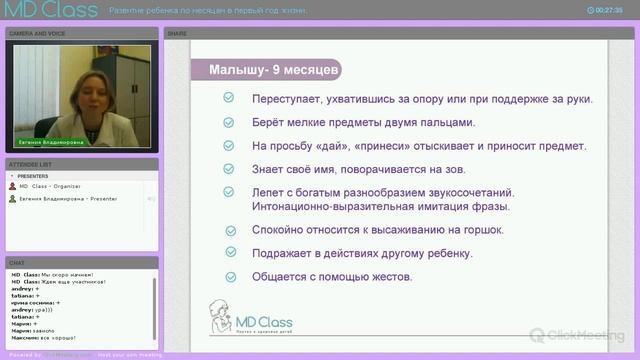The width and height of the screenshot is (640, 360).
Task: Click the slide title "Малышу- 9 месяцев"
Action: [x=268, y=71]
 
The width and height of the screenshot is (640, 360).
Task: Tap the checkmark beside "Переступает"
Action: [x=229, y=99]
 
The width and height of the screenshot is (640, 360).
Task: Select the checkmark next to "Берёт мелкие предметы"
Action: [x=229, y=123]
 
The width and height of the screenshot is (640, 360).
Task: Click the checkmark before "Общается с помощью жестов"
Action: [x=229, y=277]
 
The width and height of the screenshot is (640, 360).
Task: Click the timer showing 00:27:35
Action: [x=609, y=9]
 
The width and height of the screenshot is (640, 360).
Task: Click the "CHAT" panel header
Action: [x=17, y=262]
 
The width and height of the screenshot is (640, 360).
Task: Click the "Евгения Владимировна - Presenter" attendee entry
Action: [x=66, y=199]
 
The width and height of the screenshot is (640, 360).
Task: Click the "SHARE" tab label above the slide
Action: [x=177, y=33]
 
